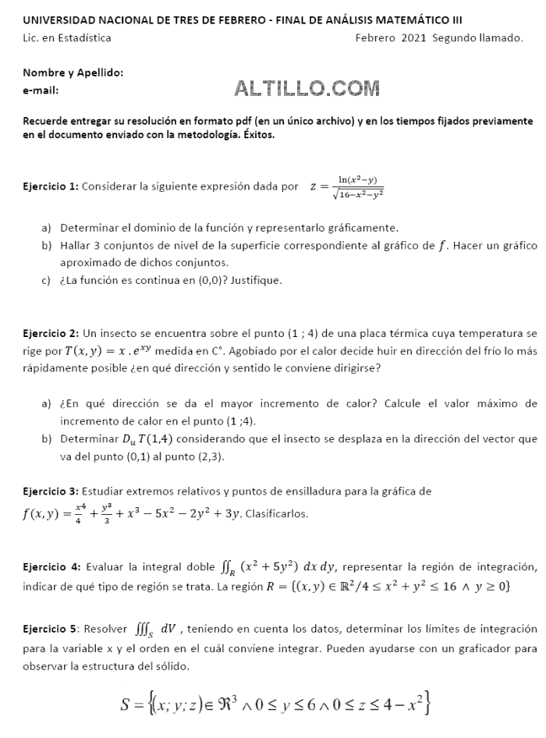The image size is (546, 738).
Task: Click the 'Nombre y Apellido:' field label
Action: point(73,73)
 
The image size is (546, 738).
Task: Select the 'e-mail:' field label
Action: point(41,90)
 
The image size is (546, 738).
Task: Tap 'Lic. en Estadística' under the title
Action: point(67,37)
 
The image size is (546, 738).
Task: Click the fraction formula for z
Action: point(346,188)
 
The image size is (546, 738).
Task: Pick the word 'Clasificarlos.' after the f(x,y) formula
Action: point(277,514)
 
